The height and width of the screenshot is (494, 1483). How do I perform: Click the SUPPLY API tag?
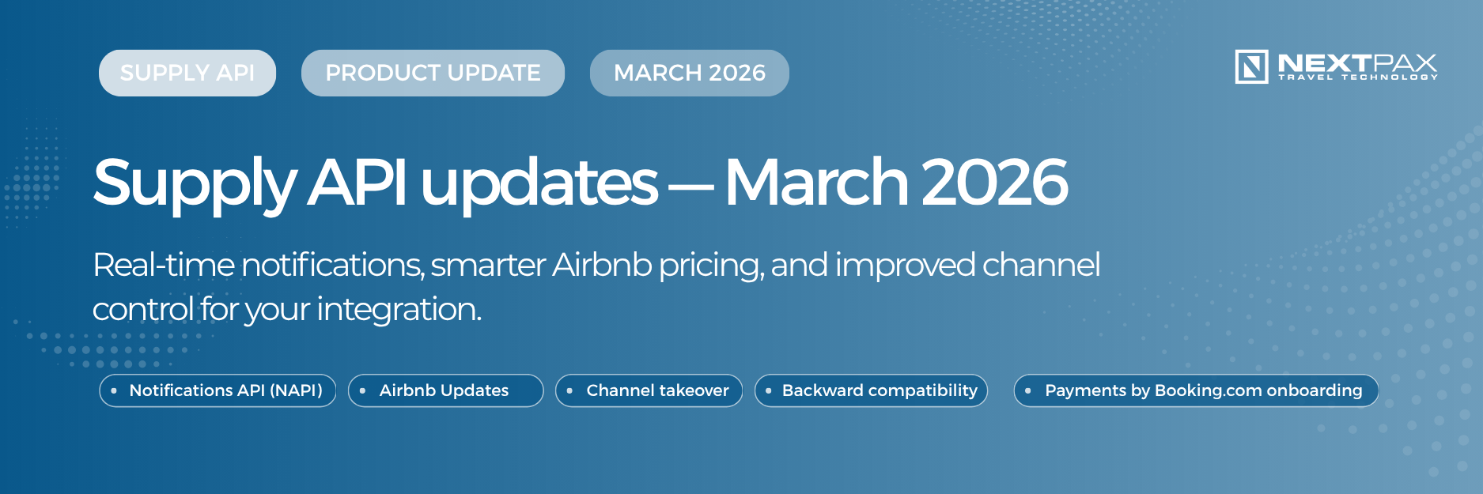(x=187, y=73)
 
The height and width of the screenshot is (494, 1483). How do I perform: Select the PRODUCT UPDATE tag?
(x=433, y=73)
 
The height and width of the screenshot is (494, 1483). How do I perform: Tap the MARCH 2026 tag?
(x=689, y=73)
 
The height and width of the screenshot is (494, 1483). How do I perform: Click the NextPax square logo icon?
(x=1251, y=66)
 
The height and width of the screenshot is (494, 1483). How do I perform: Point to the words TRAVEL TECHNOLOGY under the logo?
(x=1357, y=77)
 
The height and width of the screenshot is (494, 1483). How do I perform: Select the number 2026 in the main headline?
(x=994, y=182)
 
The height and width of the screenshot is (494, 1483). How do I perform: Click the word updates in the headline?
(x=539, y=182)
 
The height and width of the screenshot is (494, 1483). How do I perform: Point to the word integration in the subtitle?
(x=399, y=309)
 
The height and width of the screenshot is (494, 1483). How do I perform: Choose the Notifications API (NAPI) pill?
(x=218, y=390)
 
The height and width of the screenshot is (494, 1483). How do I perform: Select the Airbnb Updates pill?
(x=445, y=390)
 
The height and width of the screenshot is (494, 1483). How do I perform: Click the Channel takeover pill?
(x=649, y=390)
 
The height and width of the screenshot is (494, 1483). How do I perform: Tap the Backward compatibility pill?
(x=871, y=390)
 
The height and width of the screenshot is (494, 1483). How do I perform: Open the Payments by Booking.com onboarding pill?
(x=1195, y=390)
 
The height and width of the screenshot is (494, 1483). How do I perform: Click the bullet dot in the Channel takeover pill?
(x=569, y=390)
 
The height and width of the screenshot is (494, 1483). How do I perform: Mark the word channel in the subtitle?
(x=1041, y=265)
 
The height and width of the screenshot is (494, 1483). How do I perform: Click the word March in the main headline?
(x=816, y=182)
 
